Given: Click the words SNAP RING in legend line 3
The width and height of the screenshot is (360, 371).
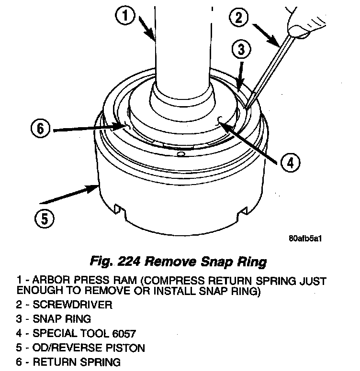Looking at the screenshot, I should coord(63,318).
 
